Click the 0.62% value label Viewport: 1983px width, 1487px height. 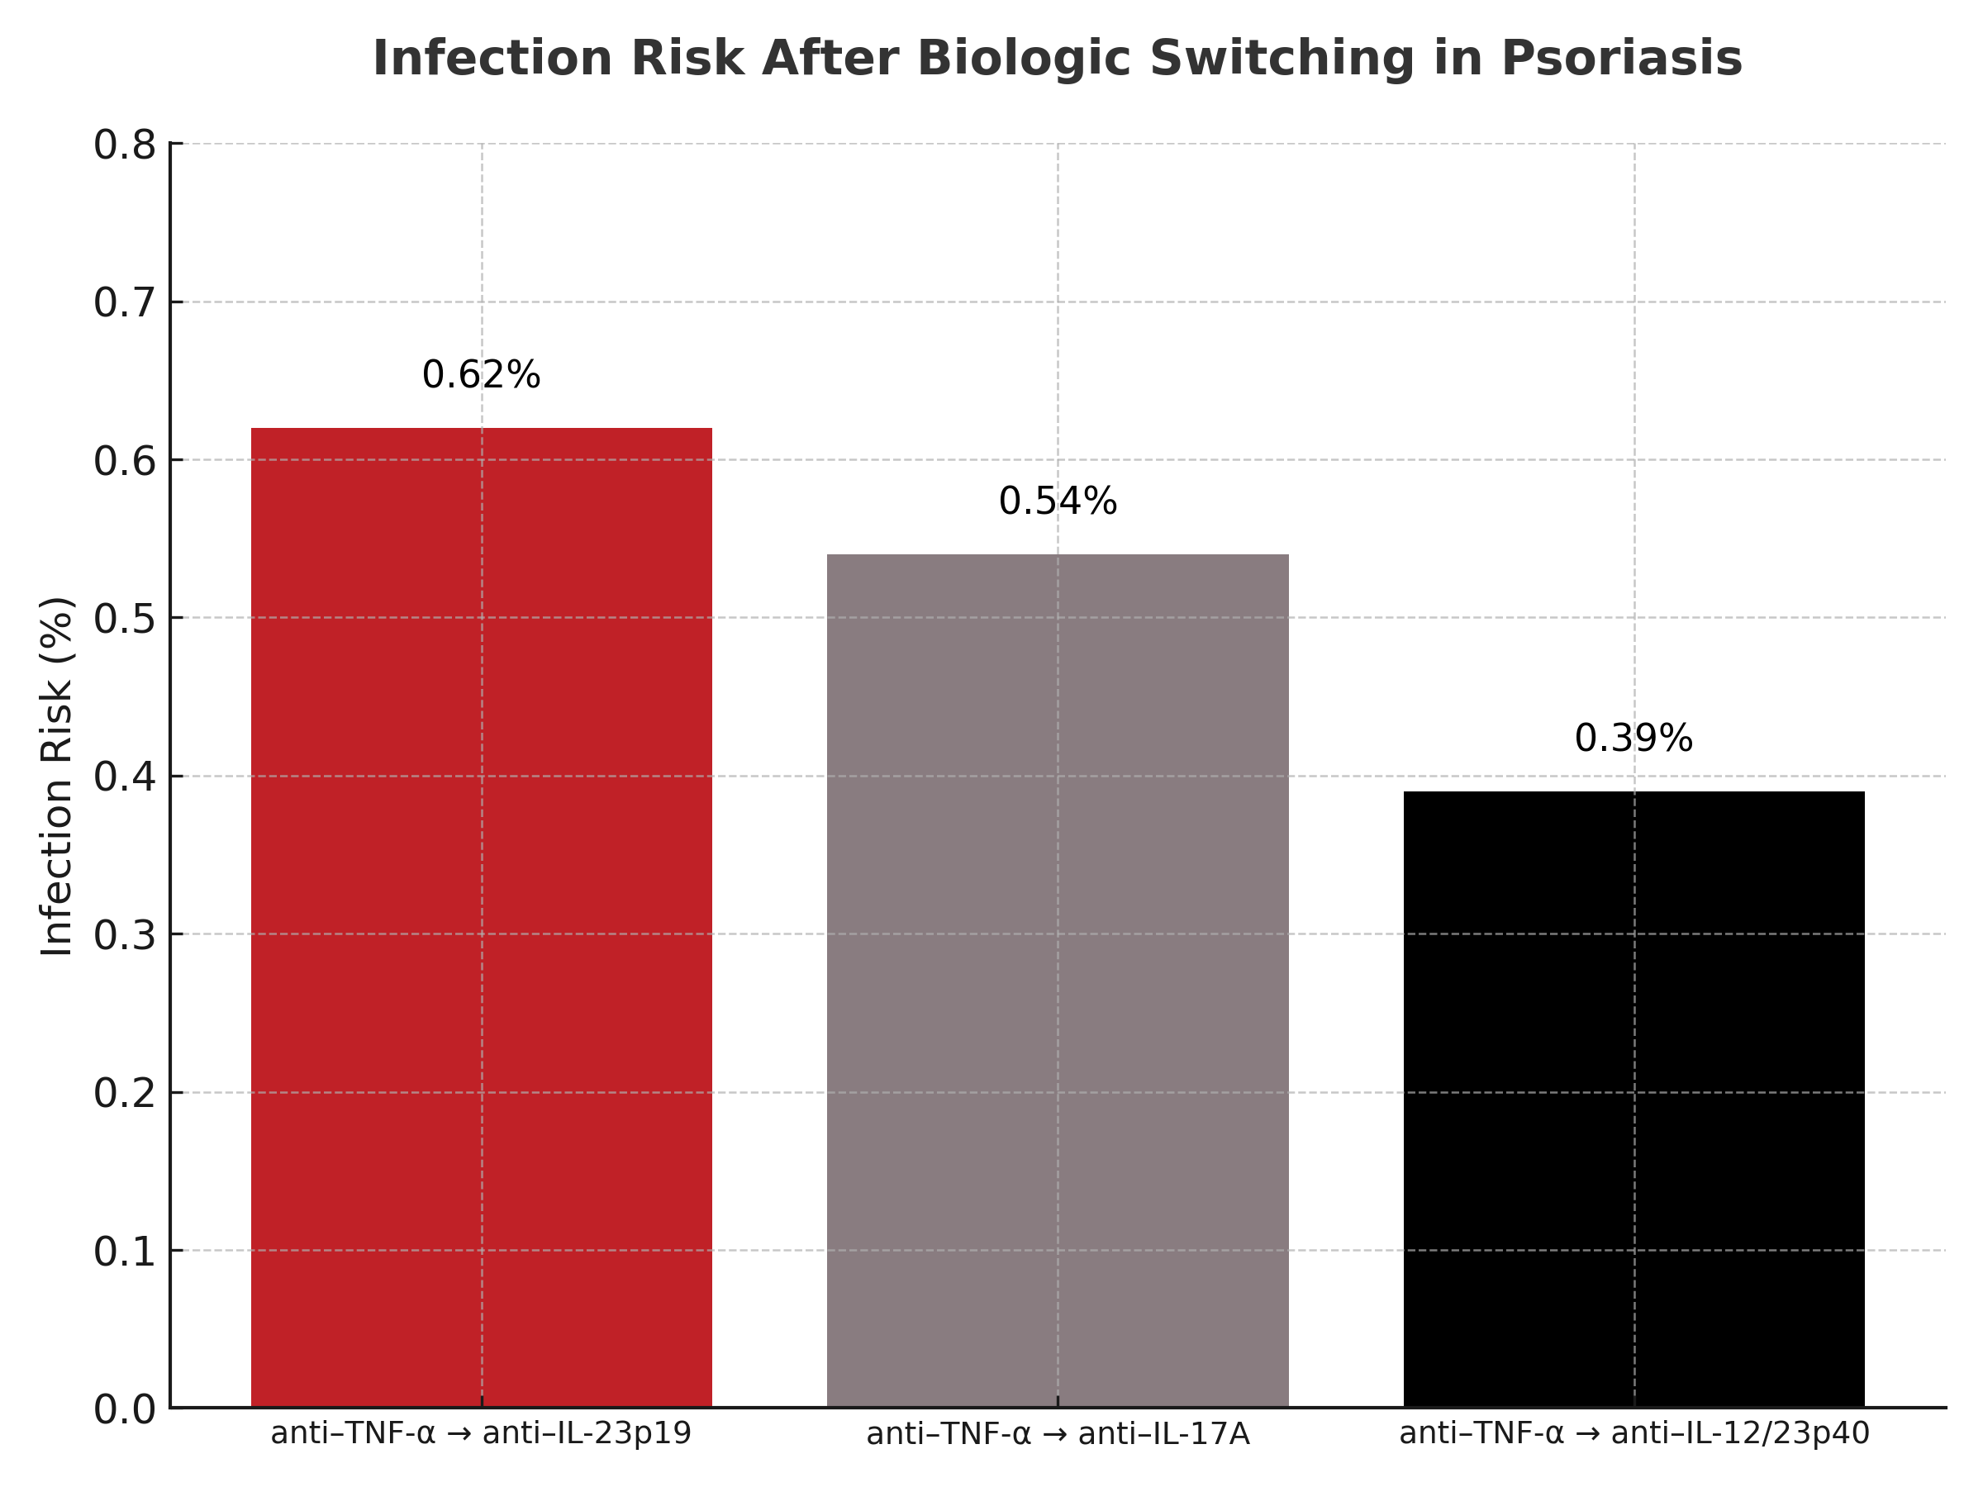pyautogui.click(x=482, y=375)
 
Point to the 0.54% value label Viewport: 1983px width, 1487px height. pyautogui.click(x=1058, y=501)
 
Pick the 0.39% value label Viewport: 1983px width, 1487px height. pyautogui.click(x=1633, y=739)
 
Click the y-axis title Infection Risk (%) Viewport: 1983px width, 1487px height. pyautogui.click(x=56, y=777)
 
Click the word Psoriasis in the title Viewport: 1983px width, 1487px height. pyautogui.click(x=1621, y=59)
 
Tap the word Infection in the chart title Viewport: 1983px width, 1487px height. pyautogui.click(x=492, y=59)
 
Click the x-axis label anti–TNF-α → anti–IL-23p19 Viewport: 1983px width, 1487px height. pyautogui.click(x=482, y=1433)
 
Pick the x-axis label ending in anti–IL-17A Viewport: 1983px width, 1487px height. pyautogui.click(x=1058, y=1434)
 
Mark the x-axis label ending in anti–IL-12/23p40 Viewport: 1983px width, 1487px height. pyautogui.click(x=1633, y=1433)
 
